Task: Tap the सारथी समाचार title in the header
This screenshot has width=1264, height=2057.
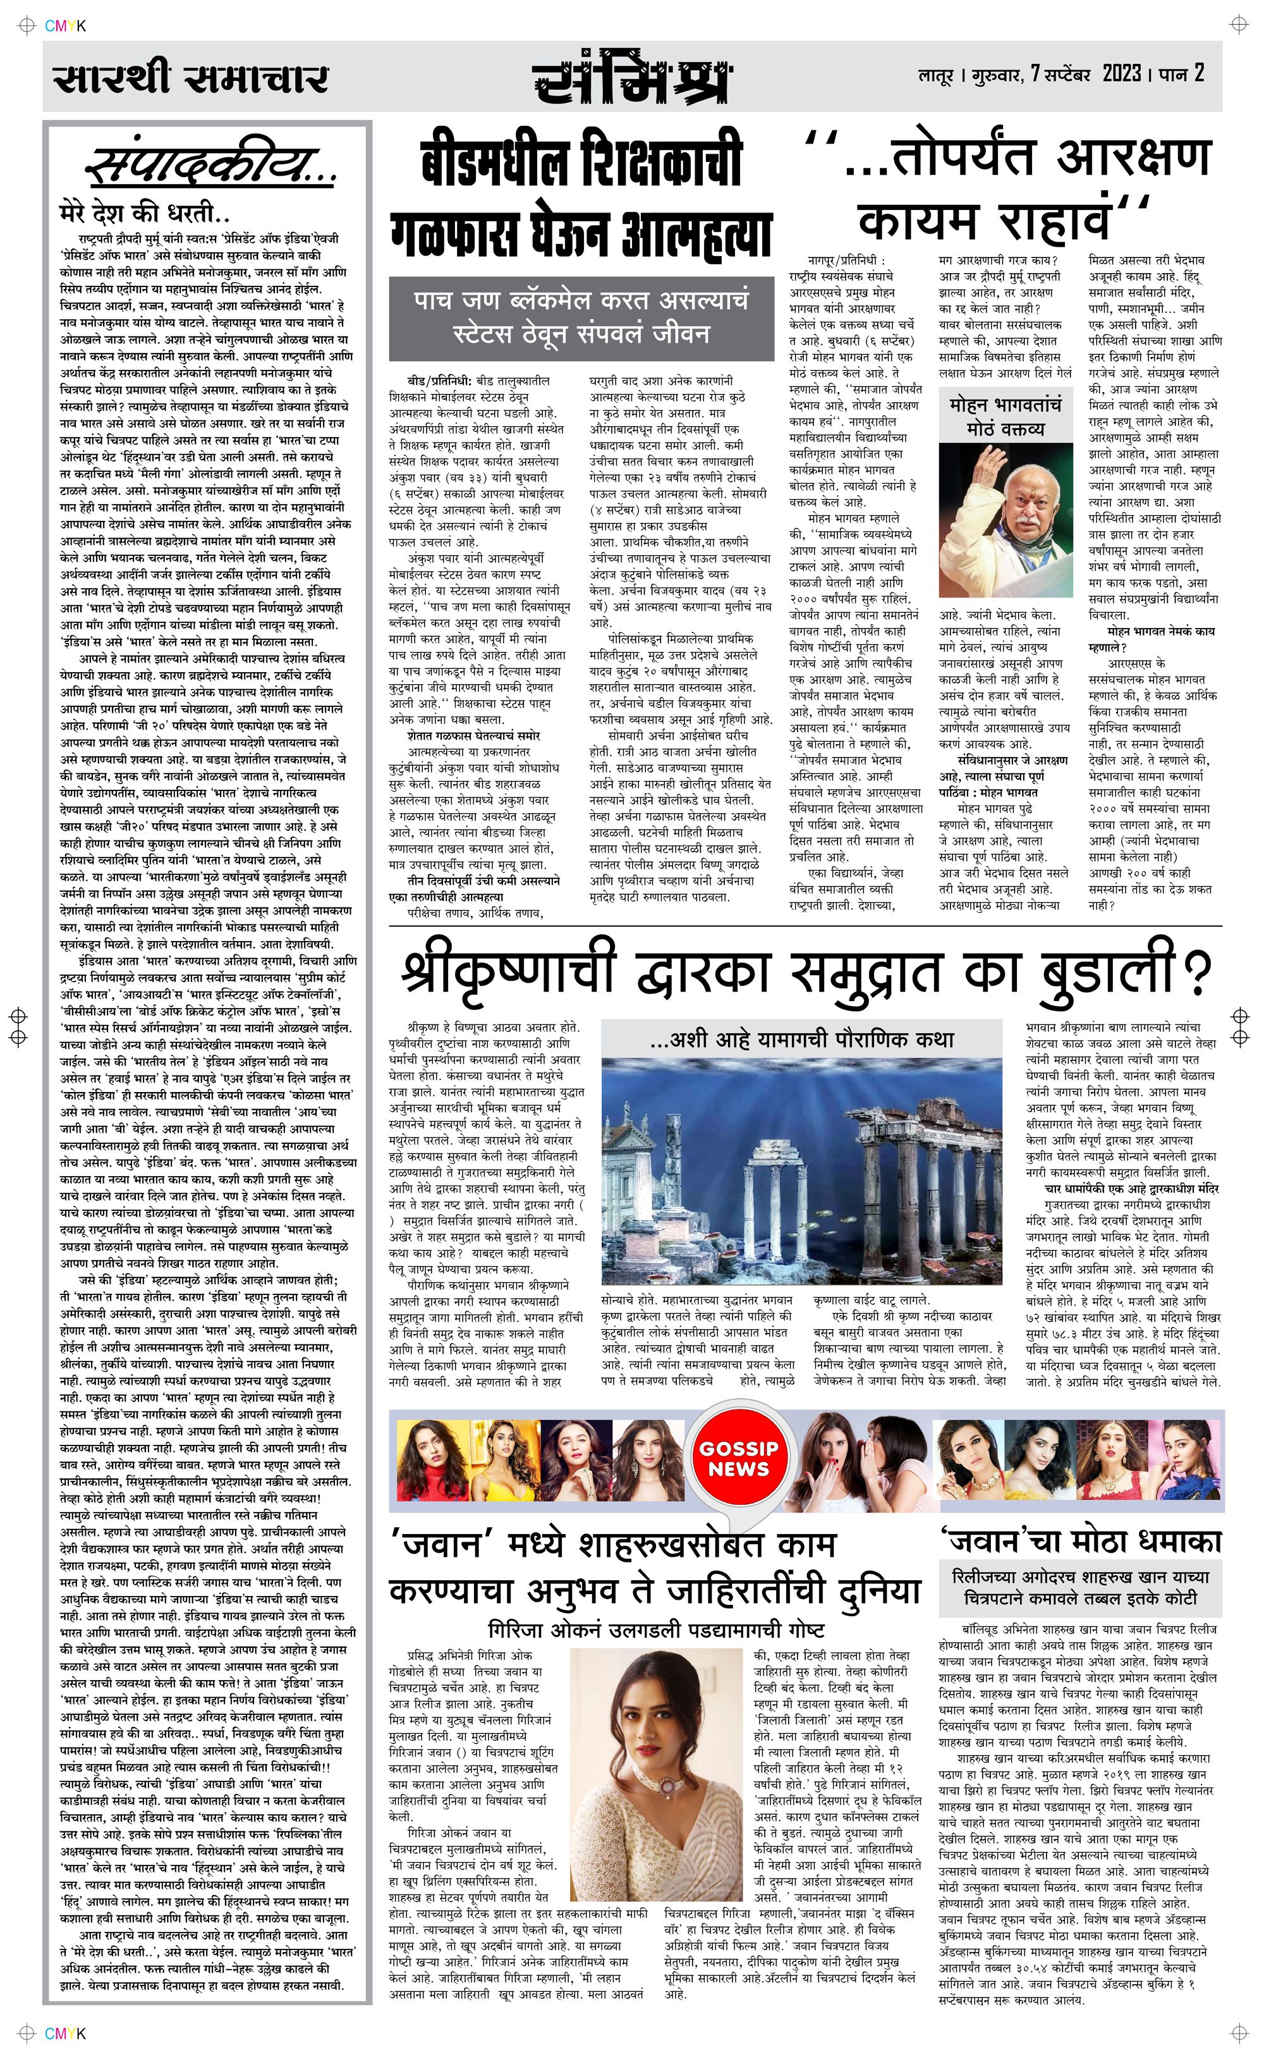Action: tap(191, 78)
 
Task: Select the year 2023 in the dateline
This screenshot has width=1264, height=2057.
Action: tap(1121, 75)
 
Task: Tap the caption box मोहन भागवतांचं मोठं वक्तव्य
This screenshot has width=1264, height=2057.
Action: tap(1005, 417)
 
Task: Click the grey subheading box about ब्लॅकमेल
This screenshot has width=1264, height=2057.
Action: tap(580, 317)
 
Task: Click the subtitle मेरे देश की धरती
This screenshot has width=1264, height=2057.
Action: tap(145, 212)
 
